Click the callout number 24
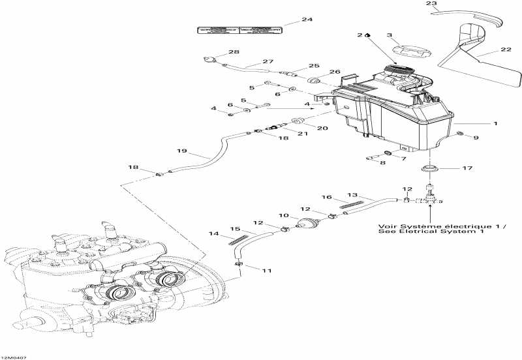click(307, 20)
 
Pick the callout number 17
click(467, 168)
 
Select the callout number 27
click(268, 62)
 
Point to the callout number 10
click(284, 216)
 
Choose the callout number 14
click(213, 233)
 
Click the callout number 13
click(353, 194)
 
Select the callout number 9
click(476, 137)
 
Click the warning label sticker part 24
click(240, 30)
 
